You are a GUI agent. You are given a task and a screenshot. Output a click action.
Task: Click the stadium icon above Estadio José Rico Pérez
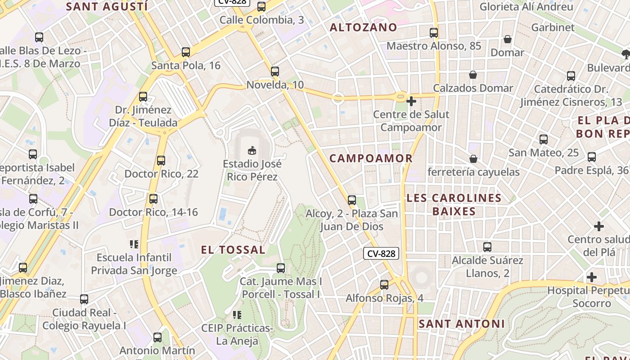click(252, 150)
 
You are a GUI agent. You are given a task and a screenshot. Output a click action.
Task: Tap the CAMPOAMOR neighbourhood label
click(371, 158)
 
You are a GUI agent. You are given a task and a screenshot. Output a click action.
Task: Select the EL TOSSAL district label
click(233, 250)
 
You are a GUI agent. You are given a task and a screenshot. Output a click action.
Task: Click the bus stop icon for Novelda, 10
click(275, 72)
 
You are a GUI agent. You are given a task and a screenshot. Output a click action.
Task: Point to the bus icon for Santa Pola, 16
click(186, 52)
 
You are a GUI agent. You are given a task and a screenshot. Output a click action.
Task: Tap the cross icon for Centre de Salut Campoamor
click(411, 101)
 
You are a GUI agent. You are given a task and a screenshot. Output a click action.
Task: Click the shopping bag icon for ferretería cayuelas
click(473, 159)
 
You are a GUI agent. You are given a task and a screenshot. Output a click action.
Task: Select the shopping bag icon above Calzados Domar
click(473, 75)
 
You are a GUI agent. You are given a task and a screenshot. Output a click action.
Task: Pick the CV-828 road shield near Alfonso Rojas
click(381, 254)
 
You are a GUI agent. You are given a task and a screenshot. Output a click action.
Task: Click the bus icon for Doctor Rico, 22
click(161, 160)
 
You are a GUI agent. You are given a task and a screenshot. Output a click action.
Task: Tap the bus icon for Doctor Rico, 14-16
click(153, 199)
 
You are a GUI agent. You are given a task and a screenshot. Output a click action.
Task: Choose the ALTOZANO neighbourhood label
click(364, 27)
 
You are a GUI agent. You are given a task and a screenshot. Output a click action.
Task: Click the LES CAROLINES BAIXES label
click(454, 205)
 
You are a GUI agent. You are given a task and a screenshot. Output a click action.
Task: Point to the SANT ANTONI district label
click(462, 324)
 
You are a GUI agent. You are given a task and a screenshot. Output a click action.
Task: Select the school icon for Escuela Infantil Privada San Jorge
click(134, 244)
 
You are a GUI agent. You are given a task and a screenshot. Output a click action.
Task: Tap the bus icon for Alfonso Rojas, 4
click(384, 285)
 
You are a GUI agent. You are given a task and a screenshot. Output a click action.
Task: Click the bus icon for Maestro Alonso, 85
click(434, 33)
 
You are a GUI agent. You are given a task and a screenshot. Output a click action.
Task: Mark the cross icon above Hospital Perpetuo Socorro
click(592, 277)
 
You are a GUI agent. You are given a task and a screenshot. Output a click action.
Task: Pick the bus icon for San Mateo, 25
click(544, 139)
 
